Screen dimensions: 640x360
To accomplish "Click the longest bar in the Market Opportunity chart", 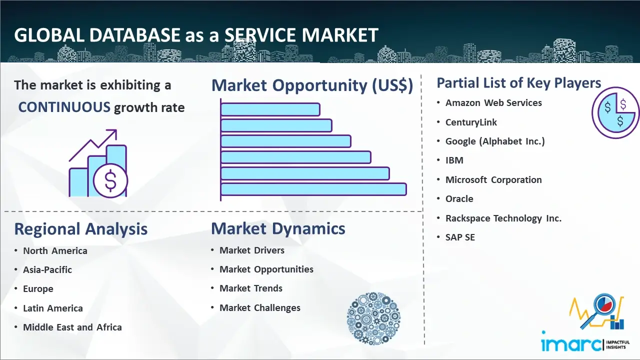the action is pos(313,189).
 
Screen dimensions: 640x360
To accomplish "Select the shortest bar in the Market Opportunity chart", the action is pos(270,109).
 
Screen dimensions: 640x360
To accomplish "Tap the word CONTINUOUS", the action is pos(64,107).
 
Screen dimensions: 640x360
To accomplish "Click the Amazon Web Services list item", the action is pos(493,103).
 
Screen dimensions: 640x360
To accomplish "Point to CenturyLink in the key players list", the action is pos(471,122).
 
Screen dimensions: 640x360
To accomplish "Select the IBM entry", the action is pos(454,160).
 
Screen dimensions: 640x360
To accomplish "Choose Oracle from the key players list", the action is pos(459,199).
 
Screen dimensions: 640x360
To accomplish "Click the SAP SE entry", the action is pos(460,237).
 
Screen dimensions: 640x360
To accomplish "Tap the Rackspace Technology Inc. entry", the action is pos(503,218).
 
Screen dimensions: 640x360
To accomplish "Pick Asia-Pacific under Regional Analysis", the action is pos(47,269).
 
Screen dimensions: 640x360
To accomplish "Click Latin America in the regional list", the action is pos(53,308).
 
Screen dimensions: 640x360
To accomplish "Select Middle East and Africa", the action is pos(72,327).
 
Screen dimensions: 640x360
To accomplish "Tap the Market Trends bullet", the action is pos(251,288).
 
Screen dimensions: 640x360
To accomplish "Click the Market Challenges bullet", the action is pos(259,307).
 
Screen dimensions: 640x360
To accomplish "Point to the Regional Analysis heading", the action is pos(81,229).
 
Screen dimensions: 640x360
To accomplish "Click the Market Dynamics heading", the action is pos(278,228).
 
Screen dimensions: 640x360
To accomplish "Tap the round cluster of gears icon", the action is pos(373,318).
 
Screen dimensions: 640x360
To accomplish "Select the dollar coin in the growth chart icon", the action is pos(110,180).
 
